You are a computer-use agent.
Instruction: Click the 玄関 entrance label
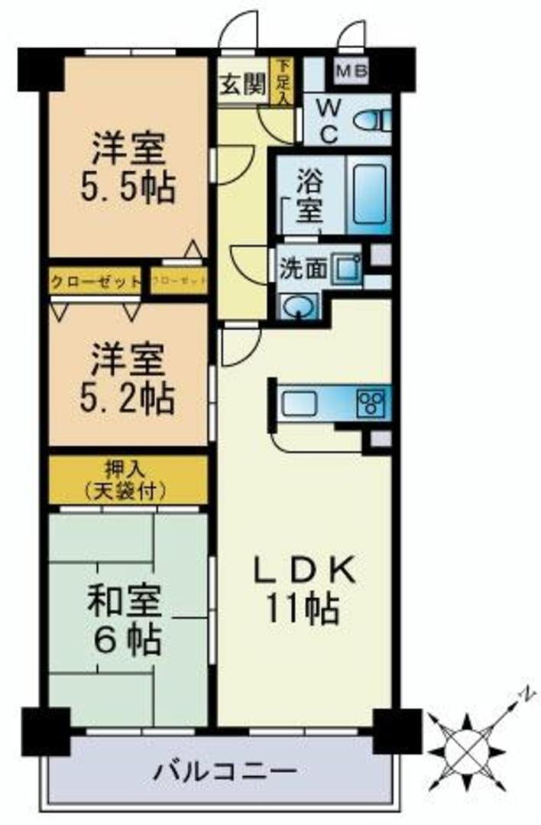pos(244,85)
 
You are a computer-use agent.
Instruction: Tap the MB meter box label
pos(351,73)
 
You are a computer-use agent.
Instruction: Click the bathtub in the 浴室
pos(368,194)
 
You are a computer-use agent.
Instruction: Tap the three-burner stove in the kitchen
pos(373,402)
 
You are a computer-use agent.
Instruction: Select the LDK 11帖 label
pos(303,589)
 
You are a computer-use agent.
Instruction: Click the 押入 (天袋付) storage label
pos(128,479)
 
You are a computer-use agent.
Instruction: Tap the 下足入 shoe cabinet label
pos(283,81)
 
